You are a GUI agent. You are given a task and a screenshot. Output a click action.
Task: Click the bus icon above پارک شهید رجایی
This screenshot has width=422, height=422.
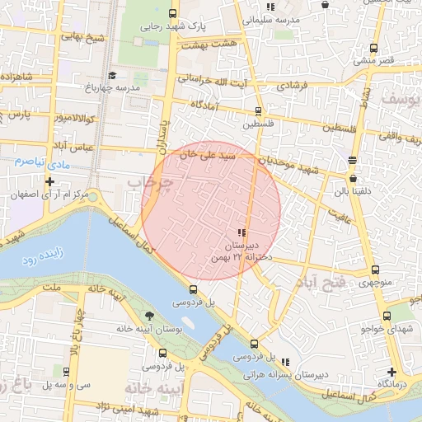(x=172, y=13)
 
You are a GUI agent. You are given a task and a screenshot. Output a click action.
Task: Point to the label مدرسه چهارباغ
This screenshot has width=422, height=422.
(x=112, y=87)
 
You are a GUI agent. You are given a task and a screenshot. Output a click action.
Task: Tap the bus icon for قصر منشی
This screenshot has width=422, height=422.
(x=374, y=48)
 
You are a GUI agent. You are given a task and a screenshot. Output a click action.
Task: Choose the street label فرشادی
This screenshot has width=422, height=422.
(x=291, y=85)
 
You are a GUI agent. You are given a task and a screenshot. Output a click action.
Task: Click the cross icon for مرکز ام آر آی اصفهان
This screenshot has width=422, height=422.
(x=49, y=181)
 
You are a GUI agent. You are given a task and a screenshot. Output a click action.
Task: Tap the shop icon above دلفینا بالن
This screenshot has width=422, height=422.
(x=353, y=178)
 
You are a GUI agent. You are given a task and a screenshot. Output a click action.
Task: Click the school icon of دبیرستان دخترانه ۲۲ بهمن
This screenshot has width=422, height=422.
(x=241, y=233)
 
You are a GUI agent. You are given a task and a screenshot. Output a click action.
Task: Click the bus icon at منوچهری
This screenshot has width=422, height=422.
(x=376, y=270)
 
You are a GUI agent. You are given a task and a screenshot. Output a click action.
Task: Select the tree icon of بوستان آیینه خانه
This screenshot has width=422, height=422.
(x=149, y=316)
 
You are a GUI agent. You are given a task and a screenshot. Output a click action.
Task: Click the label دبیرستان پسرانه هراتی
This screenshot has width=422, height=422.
(x=285, y=373)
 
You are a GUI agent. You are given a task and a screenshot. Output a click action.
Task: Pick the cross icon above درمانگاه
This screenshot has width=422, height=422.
(x=392, y=372)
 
